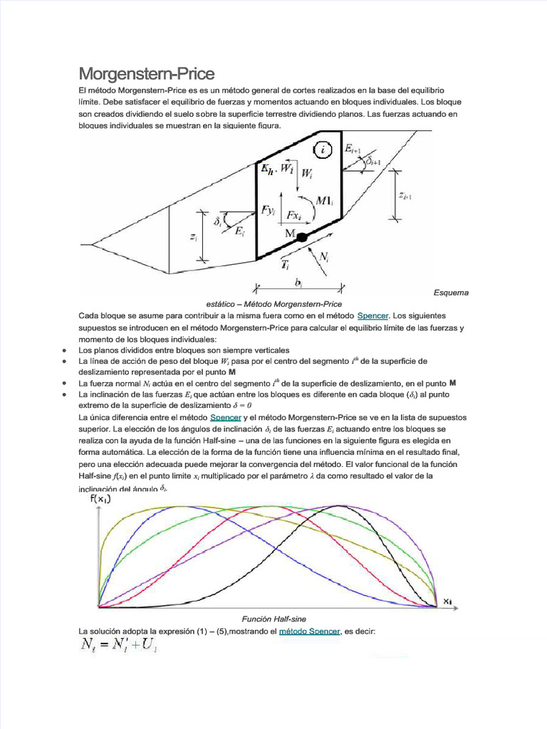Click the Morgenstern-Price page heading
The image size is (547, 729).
coord(146,74)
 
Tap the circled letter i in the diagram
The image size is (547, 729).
coord(324,150)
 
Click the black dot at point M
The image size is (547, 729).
coord(302,237)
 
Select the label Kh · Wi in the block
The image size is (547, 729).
coord(277,169)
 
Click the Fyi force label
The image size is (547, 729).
coord(268,210)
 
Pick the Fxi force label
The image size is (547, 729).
coord(294,215)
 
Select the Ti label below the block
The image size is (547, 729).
coord(285,264)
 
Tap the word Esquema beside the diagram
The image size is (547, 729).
coord(451,293)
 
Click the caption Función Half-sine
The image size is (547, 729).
coord(274,619)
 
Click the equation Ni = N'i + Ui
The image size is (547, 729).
coord(118,647)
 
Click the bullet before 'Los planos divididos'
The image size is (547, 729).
coord(65,351)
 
